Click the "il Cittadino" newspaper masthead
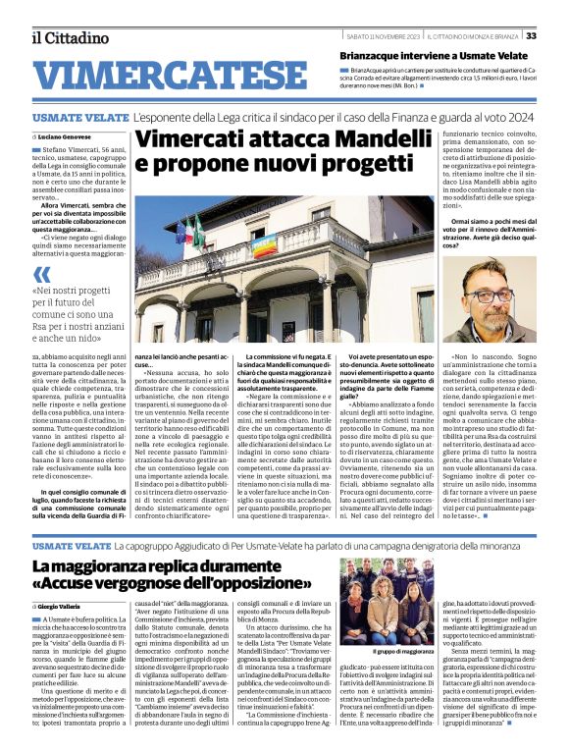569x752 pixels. (69, 37)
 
